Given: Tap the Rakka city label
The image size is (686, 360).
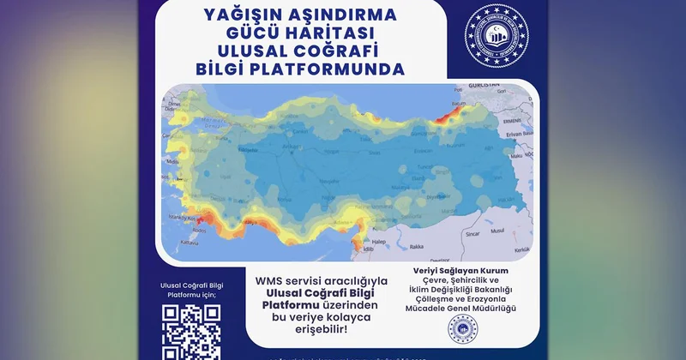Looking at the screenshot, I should (x=418, y=247).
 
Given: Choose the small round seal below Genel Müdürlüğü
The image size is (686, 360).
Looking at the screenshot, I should (x=461, y=329).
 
